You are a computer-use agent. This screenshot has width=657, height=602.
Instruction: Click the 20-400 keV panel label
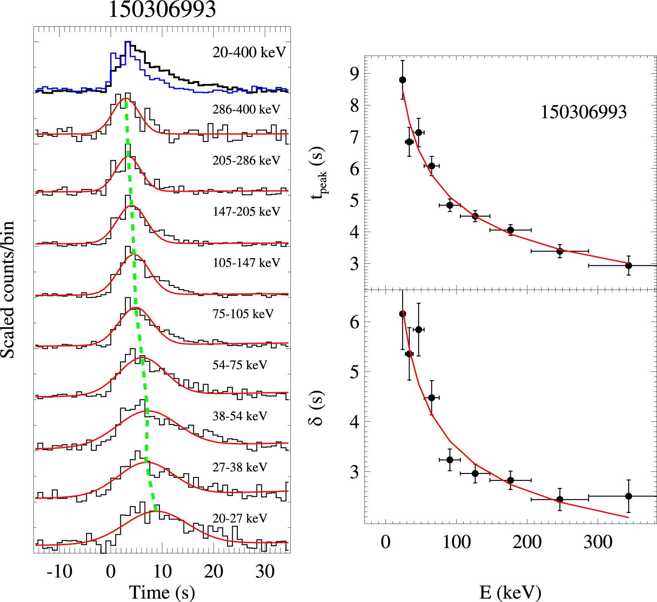249,53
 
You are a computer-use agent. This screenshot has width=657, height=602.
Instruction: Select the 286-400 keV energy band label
246,109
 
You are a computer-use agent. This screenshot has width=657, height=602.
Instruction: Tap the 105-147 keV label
246,263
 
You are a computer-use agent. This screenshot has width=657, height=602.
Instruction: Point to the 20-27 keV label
240,518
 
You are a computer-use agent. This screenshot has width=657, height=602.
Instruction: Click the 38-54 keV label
240,416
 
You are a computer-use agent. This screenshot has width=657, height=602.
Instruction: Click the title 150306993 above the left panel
162,9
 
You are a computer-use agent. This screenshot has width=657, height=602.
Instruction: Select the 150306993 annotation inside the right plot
583,112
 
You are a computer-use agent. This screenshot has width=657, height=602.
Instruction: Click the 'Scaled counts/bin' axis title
8,290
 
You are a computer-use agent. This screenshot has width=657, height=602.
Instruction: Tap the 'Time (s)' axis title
162,592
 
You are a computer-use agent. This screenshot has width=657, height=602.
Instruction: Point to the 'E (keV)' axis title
510,592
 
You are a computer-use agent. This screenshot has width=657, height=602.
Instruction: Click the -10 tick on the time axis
59,571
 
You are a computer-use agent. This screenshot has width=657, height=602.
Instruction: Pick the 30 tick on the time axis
265,571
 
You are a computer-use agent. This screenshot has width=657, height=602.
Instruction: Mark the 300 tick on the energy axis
598,542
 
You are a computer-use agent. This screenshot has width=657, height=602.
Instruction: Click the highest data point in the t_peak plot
403,80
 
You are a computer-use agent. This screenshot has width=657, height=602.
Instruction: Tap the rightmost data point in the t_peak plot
629,265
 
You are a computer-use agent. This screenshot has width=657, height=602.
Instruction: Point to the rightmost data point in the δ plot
629,496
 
